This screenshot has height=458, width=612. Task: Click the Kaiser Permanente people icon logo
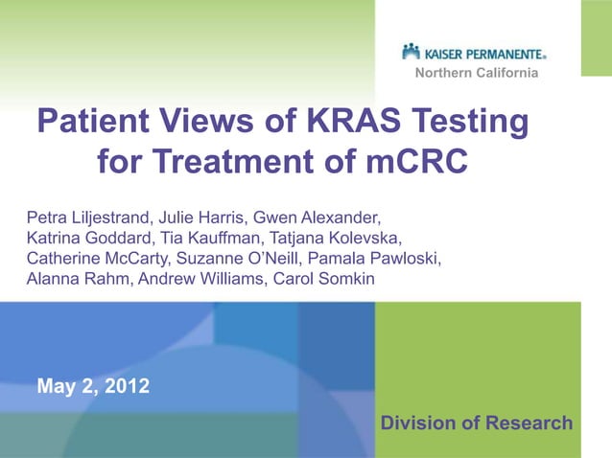click(412, 51)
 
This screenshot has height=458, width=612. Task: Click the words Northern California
click(476, 74)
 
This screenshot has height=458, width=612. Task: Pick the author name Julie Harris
click(196, 214)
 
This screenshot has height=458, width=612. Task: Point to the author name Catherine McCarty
click(94, 258)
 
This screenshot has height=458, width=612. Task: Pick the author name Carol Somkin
click(325, 280)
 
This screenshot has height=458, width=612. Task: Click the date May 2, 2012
click(93, 388)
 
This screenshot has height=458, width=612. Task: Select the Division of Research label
click(477, 424)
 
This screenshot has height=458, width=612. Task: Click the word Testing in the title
click(469, 123)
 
